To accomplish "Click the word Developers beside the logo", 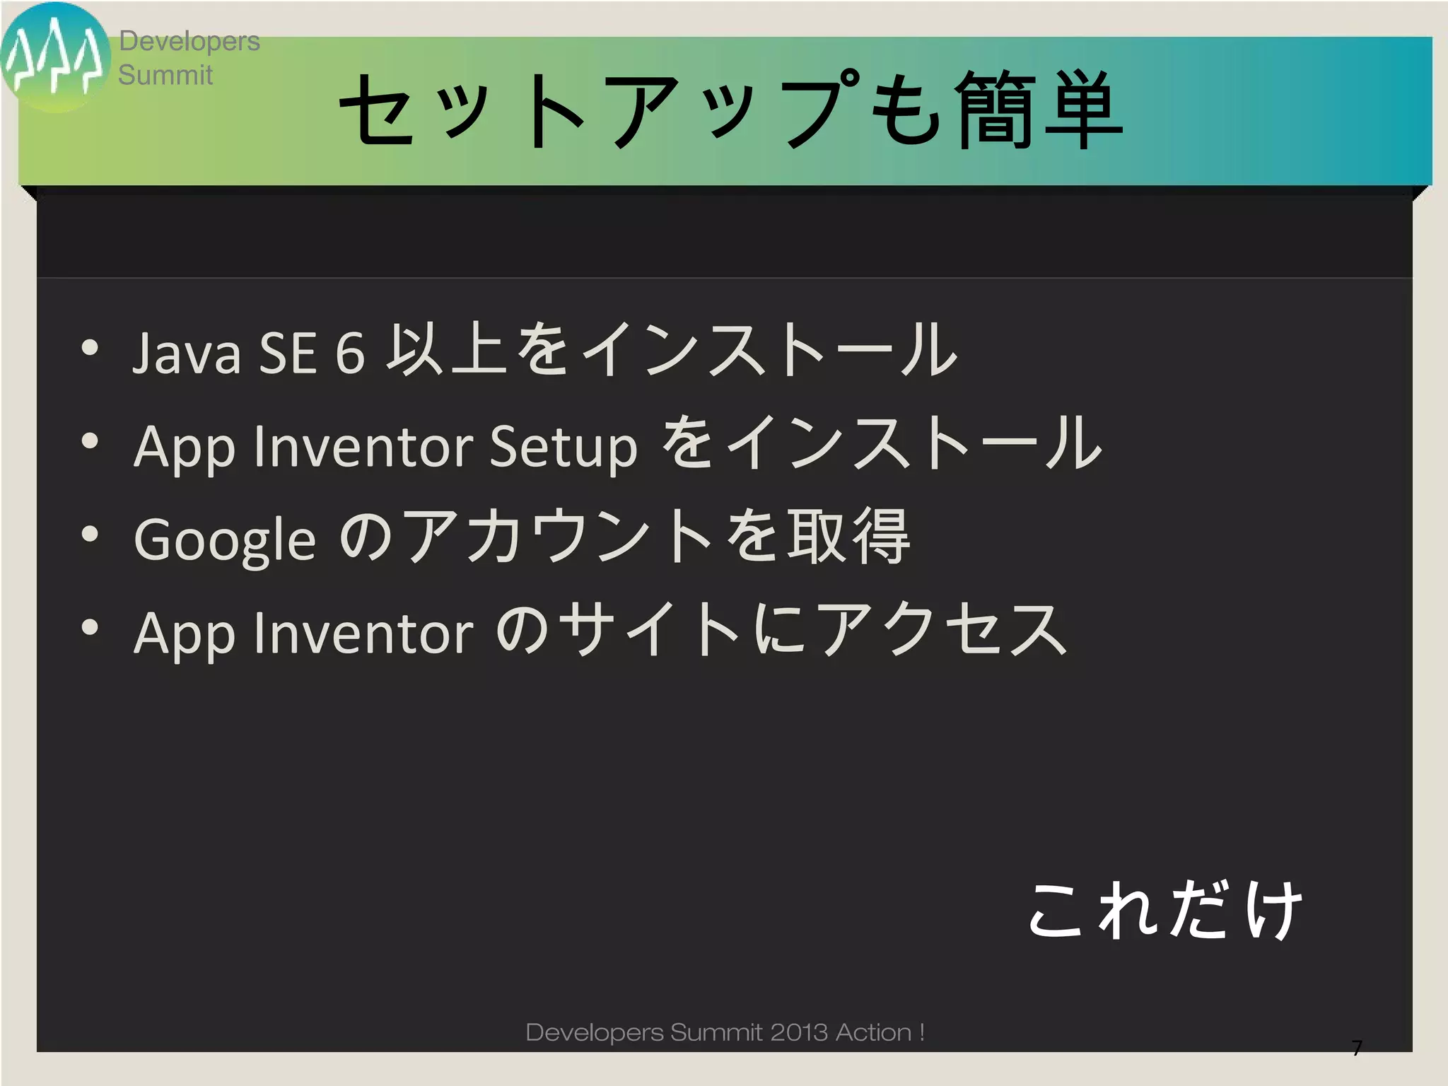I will point(189,41).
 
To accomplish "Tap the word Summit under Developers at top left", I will point(165,75).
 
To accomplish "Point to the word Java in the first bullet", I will point(187,351).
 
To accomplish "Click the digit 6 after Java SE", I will point(349,351).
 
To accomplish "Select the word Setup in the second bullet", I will point(564,446).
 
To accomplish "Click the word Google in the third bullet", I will point(224,539).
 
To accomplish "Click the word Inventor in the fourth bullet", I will point(363,632).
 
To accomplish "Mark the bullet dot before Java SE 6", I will point(89,347).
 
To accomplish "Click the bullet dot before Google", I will point(89,534).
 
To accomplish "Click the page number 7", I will point(1356,1048).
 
